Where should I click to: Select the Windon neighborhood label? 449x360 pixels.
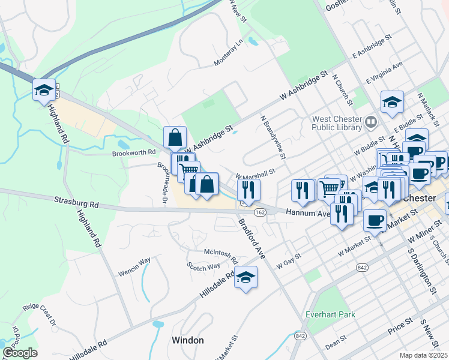click(187, 340)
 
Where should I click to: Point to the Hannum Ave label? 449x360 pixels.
click(308, 213)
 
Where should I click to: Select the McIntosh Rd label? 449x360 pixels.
click(221, 255)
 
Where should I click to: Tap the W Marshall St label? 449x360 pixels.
click(255, 174)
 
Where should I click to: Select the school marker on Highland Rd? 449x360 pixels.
click(44, 91)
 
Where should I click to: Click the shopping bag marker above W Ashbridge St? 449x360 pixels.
click(175, 137)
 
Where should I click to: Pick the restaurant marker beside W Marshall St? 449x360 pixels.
click(247, 190)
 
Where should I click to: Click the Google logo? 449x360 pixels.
click(20, 353)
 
